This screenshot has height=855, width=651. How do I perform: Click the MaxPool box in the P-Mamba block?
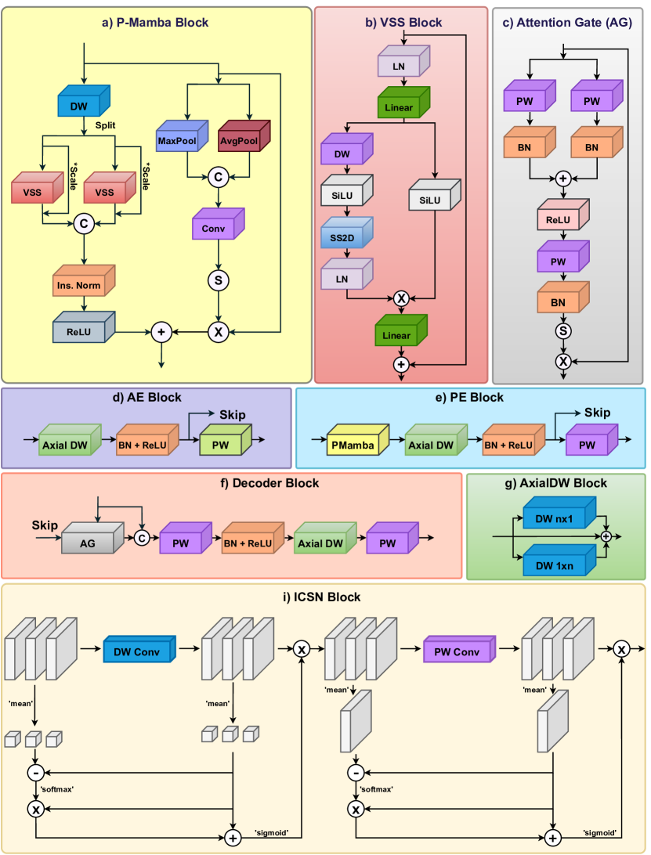point(178,142)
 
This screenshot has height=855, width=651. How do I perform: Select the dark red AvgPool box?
point(241,142)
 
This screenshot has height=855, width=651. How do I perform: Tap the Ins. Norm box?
point(77,285)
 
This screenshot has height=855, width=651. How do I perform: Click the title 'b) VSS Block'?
point(403,23)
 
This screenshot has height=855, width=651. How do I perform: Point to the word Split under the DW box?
point(107,124)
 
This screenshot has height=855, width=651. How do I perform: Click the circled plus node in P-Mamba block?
point(161,331)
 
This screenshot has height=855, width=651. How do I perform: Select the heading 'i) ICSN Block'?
point(324,597)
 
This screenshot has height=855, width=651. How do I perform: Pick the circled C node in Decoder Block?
point(142,538)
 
